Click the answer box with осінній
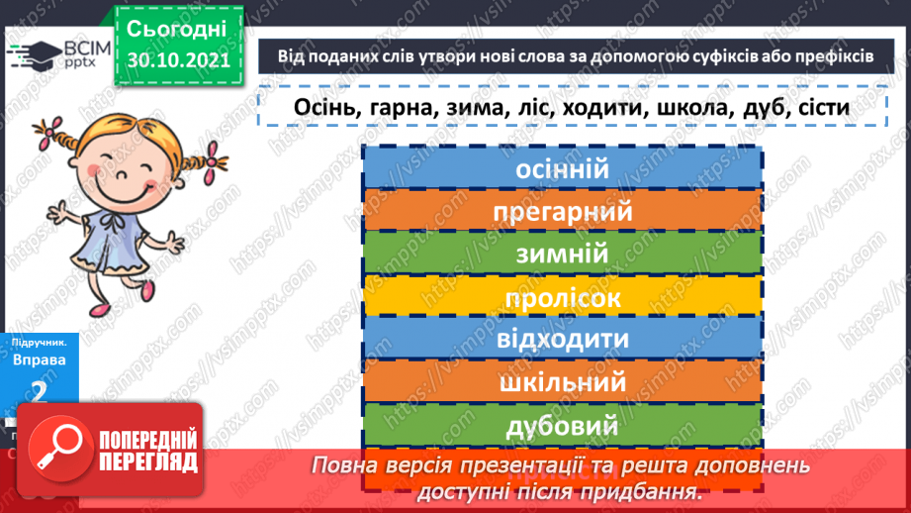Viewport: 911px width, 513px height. point(561,169)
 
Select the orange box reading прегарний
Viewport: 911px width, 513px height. point(561,212)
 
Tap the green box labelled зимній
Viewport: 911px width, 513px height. point(561,255)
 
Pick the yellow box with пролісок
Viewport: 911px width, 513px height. point(561,297)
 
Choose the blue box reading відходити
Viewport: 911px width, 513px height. point(561,340)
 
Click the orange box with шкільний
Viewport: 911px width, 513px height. point(561,382)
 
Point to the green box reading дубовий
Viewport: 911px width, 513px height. point(561,426)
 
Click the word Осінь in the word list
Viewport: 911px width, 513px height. point(326,106)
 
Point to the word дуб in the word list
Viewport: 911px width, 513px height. point(761,106)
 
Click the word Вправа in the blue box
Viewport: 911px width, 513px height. point(40,359)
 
